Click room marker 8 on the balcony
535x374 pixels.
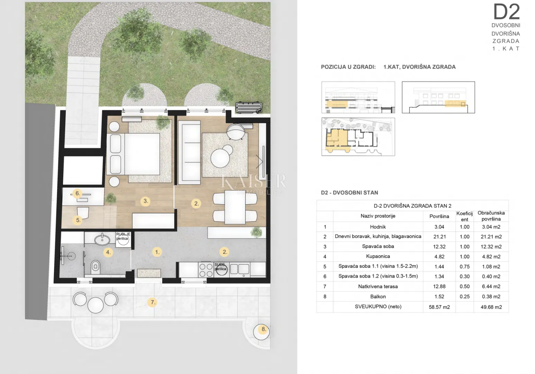264,329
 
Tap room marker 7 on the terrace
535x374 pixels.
153,302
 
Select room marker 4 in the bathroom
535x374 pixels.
108,252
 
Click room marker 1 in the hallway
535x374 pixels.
157,252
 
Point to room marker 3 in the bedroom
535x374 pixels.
146,201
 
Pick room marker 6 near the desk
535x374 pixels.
77,193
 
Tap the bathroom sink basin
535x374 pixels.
102,239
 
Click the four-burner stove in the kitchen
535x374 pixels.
206,270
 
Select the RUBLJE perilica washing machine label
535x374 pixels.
123,236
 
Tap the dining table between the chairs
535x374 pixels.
235,207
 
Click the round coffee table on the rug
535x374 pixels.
220,158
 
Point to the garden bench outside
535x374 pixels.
249,107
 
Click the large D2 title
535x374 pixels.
506,12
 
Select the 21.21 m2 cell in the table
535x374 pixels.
491,237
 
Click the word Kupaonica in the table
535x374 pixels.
378,256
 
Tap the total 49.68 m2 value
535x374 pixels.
491,307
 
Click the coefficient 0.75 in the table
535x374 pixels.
464,266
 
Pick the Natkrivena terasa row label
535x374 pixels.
378,286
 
